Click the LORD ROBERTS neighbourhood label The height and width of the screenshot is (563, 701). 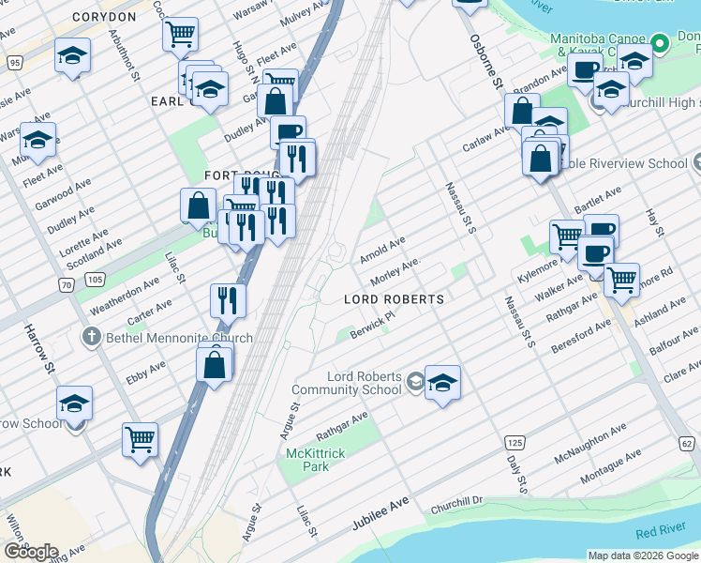click(x=394, y=298)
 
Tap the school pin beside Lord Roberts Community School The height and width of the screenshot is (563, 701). click(x=442, y=382)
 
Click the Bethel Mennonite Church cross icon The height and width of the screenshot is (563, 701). click(x=92, y=337)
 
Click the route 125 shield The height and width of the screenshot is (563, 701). click(x=514, y=442)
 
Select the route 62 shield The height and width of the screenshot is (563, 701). click(x=685, y=442)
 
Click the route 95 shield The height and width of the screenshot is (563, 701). click(x=14, y=62)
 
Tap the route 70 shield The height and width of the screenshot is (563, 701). click(x=65, y=283)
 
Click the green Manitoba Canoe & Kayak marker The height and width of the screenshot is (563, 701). click(x=660, y=43)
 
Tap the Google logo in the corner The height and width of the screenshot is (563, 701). click(x=31, y=552)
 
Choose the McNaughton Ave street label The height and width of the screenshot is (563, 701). click(x=589, y=442)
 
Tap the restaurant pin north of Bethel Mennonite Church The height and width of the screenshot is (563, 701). click(x=228, y=301)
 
